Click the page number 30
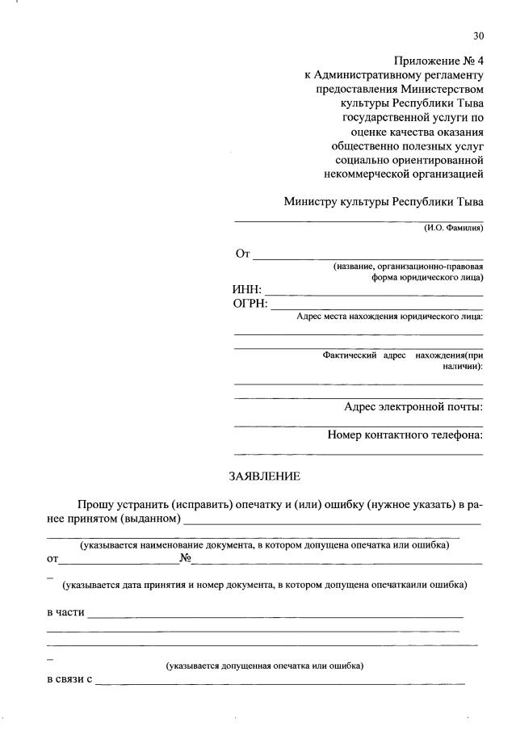[478, 36]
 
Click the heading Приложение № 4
[438, 61]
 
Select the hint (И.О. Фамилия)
[453, 229]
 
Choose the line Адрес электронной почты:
[413, 407]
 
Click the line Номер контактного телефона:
[405, 435]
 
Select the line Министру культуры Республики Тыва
[384, 202]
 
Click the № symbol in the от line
[184, 557]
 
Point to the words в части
[65, 613]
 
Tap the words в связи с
[69, 683]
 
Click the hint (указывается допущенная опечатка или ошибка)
[265, 666]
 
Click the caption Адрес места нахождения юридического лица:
[389, 317]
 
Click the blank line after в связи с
[279, 686]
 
